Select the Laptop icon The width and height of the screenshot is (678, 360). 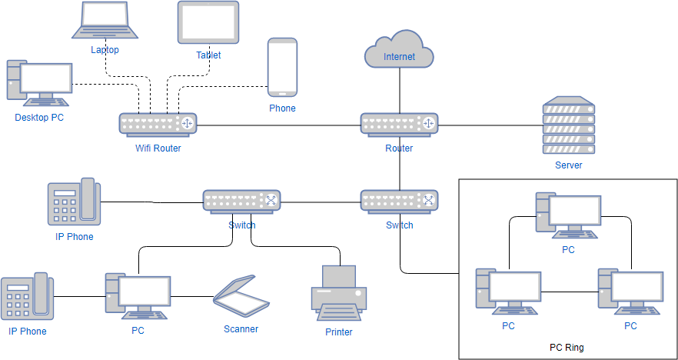[x=105, y=21]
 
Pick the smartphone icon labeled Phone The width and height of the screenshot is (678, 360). [x=282, y=68]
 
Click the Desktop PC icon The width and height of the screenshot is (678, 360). [x=38, y=82]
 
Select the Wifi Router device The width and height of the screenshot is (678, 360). [x=158, y=125]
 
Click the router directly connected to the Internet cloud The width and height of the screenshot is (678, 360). [x=399, y=125]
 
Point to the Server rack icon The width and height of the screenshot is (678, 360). [x=568, y=125]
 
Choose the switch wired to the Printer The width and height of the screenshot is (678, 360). [x=241, y=202]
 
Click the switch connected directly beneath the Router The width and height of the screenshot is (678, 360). [x=399, y=202]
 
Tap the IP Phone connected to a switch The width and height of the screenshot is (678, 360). [x=74, y=203]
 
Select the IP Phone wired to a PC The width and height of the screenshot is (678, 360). [x=27, y=298]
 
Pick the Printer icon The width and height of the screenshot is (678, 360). [x=338, y=295]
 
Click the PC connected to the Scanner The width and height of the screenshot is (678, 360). [x=138, y=296]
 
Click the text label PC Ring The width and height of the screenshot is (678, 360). [x=567, y=348]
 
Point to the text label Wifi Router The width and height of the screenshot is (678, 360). [x=158, y=148]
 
